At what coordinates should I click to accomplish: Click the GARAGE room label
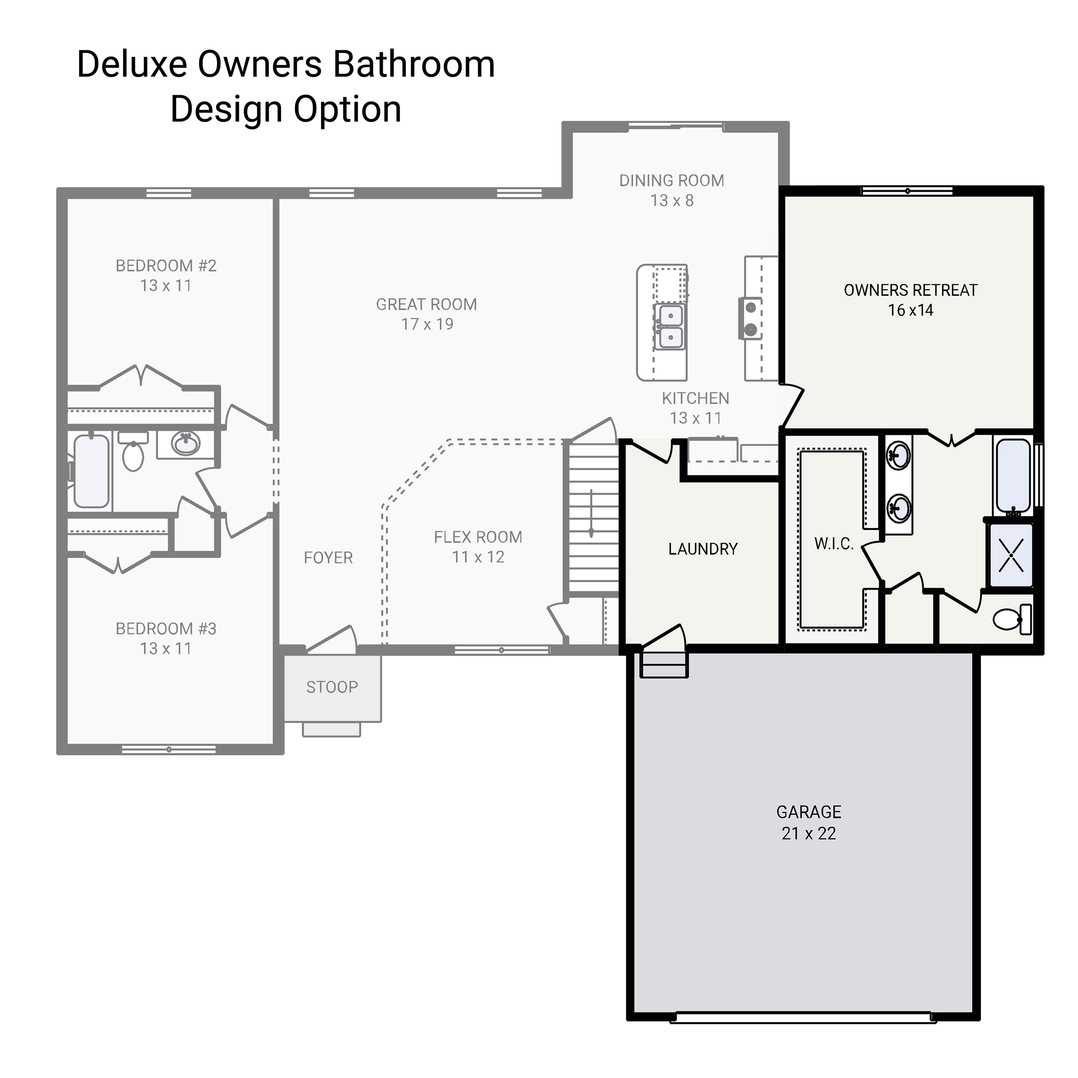[808, 812]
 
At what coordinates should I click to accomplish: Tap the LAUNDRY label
[702, 549]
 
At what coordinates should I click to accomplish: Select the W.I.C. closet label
[834, 544]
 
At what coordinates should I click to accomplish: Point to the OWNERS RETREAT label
[910, 290]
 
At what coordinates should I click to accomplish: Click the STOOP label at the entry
[332, 687]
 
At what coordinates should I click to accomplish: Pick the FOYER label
[328, 558]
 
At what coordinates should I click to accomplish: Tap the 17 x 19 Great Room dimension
[427, 324]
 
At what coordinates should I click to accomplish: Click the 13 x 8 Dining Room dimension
[672, 200]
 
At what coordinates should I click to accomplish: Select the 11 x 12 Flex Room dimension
[478, 557]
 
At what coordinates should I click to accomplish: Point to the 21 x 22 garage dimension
[808, 833]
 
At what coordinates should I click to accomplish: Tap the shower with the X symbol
[1011, 555]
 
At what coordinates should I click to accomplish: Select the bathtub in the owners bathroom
[1013, 478]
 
